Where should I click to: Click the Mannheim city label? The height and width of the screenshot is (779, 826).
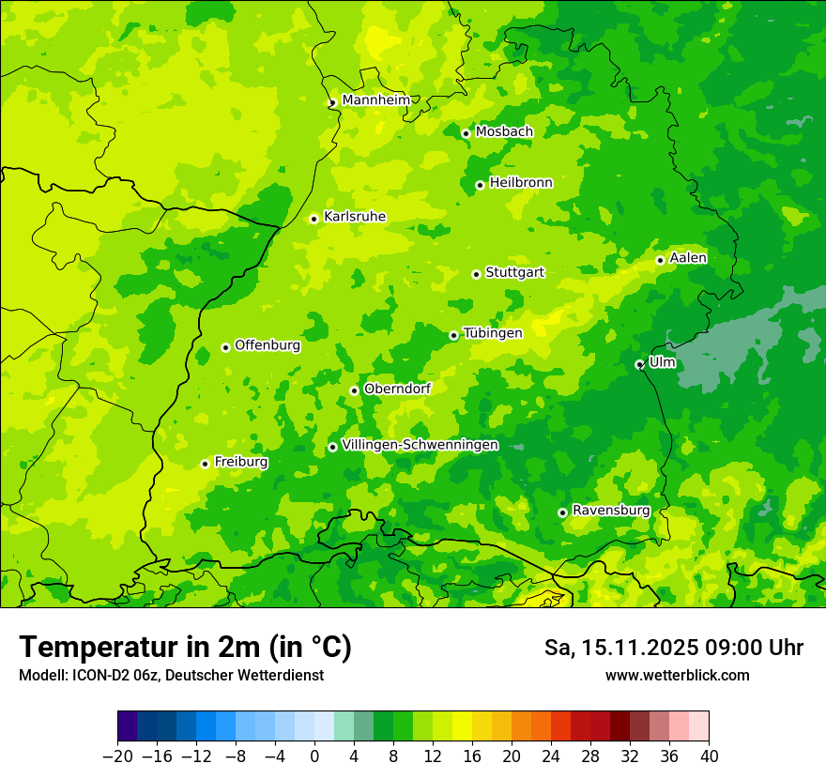pyautogui.click(x=375, y=100)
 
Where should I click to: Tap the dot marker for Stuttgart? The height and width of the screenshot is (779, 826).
pyautogui.click(x=476, y=274)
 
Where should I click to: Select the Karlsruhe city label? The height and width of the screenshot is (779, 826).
pyautogui.click(x=354, y=217)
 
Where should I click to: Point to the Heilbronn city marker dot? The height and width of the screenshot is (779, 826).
pyautogui.click(x=480, y=185)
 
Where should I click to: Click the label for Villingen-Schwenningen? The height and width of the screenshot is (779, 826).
pyautogui.click(x=420, y=445)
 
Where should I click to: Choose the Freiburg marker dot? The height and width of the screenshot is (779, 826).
pyautogui.click(x=205, y=464)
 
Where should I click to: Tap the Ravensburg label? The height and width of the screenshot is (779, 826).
pyautogui.click(x=610, y=511)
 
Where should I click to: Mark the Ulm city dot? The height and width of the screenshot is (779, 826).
pyautogui.click(x=639, y=364)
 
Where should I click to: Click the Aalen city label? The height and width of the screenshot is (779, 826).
pyautogui.click(x=688, y=258)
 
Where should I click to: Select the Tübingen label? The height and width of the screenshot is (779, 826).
pyautogui.click(x=492, y=333)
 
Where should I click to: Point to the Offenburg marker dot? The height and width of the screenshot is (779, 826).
pyautogui.click(x=225, y=347)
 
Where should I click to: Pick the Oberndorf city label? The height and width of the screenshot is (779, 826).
pyautogui.click(x=396, y=389)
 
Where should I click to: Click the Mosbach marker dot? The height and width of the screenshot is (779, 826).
pyautogui.click(x=466, y=133)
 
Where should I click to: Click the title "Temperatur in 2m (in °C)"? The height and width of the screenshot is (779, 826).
pyautogui.click(x=185, y=648)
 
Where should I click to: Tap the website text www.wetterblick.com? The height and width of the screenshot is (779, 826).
pyautogui.click(x=677, y=676)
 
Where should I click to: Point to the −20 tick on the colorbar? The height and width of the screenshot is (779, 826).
pyautogui.click(x=117, y=756)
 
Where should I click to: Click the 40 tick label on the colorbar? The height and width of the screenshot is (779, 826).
pyautogui.click(x=709, y=756)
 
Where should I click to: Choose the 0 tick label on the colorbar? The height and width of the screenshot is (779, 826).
pyautogui.click(x=314, y=756)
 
